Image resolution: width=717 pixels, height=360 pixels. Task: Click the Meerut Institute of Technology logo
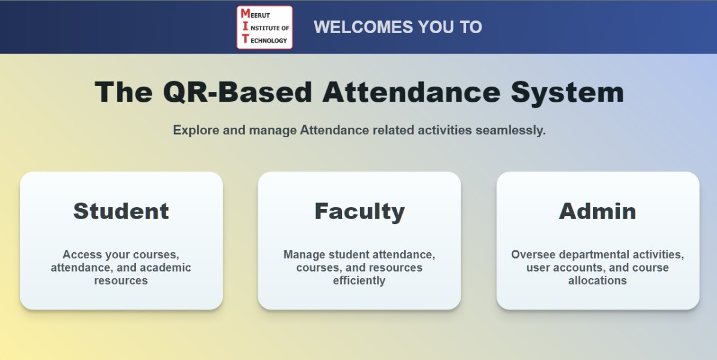pyautogui.click(x=264, y=28)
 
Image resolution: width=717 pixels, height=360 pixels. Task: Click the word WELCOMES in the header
pyautogui.click(x=363, y=27)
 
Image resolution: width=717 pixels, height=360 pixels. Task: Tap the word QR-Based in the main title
pyautogui.click(x=237, y=92)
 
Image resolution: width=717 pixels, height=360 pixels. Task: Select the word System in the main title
pyautogui.click(x=567, y=93)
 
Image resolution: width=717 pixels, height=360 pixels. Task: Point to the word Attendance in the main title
pyautogui.click(x=411, y=92)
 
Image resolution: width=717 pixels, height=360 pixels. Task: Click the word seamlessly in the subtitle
pyautogui.click(x=511, y=131)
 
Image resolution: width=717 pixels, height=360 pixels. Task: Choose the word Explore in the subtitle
pyautogui.click(x=196, y=131)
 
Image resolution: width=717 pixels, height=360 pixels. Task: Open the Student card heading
pyautogui.click(x=121, y=211)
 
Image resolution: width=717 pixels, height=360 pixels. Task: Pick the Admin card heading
pyautogui.click(x=597, y=211)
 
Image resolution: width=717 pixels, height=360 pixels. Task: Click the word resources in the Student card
pyautogui.click(x=121, y=281)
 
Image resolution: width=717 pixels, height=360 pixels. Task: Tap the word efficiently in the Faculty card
pyautogui.click(x=359, y=281)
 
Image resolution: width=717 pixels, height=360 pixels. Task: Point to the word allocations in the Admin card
pyautogui.click(x=597, y=281)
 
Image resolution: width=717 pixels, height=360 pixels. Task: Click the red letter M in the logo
pyautogui.click(x=246, y=14)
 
